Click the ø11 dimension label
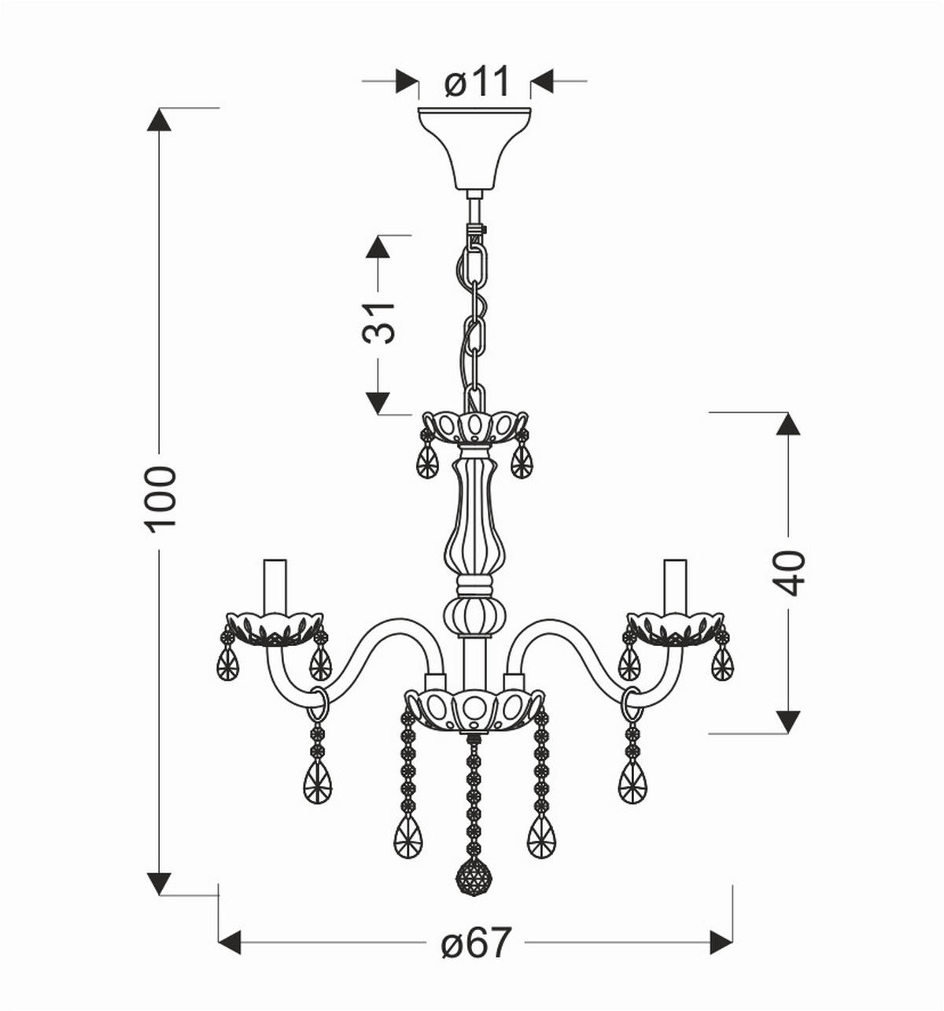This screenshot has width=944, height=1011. [477, 81]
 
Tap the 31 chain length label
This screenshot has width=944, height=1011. [378, 322]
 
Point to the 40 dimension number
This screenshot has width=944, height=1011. [788, 572]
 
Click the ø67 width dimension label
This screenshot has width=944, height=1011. [477, 942]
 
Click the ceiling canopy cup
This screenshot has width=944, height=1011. [474, 146]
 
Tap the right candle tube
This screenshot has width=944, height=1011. [675, 586]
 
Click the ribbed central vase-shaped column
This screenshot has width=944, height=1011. [474, 519]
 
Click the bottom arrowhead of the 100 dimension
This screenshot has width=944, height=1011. [160, 883]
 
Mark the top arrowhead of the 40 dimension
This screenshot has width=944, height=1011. [788, 424]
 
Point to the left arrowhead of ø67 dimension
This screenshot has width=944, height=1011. [230, 942]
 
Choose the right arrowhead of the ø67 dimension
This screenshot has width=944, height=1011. [721, 942]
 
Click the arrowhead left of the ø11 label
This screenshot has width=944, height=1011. [406, 81]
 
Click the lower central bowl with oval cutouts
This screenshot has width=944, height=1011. [474, 708]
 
